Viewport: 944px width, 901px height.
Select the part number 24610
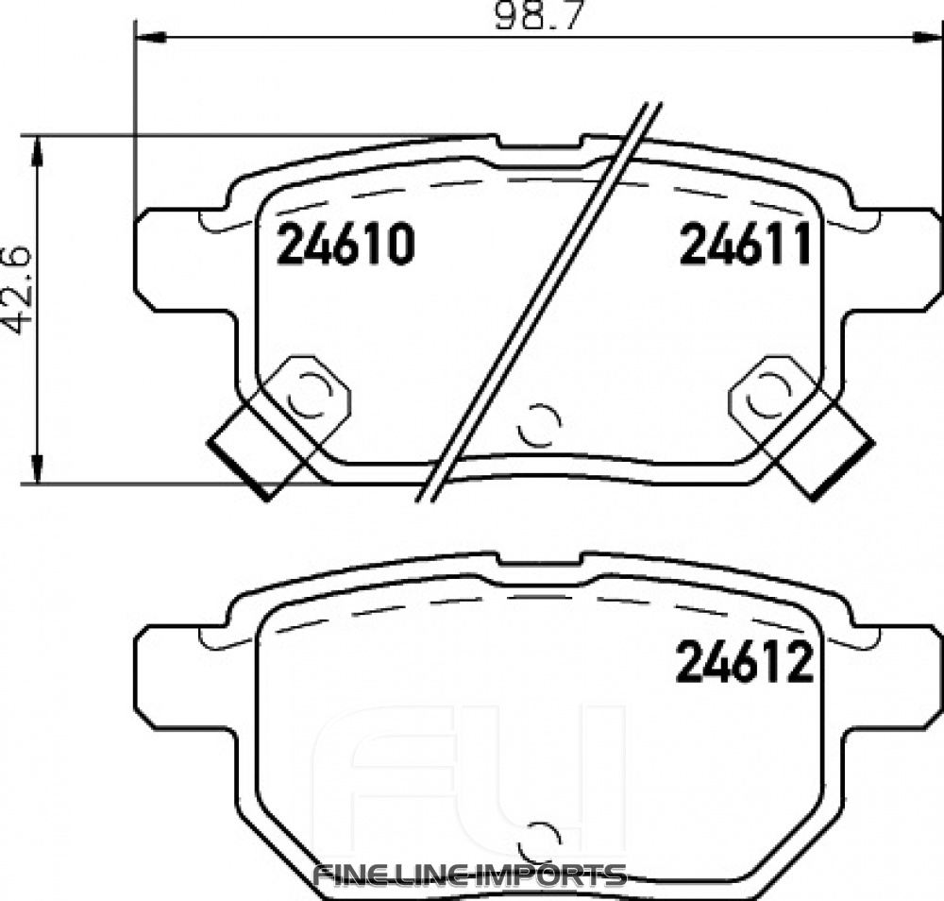(x=345, y=246)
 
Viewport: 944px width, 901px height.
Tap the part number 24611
(x=746, y=246)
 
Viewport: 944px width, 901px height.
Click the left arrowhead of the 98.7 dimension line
(x=151, y=38)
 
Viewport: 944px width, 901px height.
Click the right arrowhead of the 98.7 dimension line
(x=927, y=38)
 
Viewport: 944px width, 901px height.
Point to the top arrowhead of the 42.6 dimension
(x=37, y=149)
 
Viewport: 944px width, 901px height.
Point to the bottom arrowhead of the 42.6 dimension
(x=37, y=472)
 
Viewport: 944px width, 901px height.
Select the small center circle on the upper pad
(x=540, y=425)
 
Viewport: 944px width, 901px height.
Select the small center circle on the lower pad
(x=540, y=838)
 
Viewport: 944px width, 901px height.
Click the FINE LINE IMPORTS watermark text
(x=469, y=874)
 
